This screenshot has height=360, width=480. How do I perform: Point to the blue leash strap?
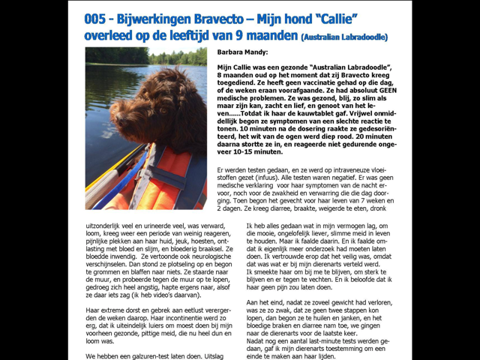[x=120, y=180]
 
